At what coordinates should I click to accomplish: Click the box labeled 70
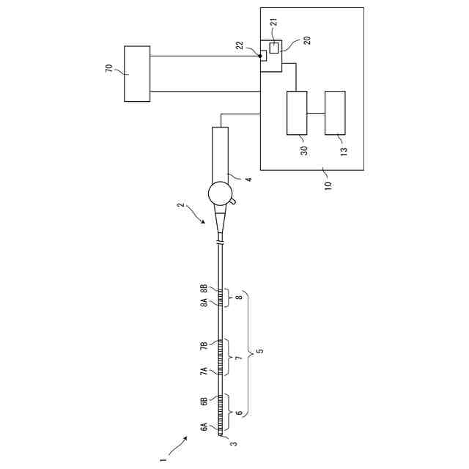coord(137,73)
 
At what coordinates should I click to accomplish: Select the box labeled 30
coord(297,113)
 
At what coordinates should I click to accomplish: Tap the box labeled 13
coord(335,113)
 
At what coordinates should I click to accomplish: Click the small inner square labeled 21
coord(274,48)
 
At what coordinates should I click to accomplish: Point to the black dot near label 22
coord(260,54)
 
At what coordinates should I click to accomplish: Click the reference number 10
coord(328,181)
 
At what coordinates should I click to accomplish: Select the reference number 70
coord(109,70)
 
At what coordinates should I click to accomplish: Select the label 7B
coord(204,345)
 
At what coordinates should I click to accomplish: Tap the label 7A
coord(204,371)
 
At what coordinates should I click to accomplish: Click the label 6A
coord(204,427)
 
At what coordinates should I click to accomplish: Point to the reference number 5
coord(260,352)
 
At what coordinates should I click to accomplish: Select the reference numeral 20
coord(307,40)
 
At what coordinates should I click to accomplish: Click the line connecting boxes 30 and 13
coord(316,113)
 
